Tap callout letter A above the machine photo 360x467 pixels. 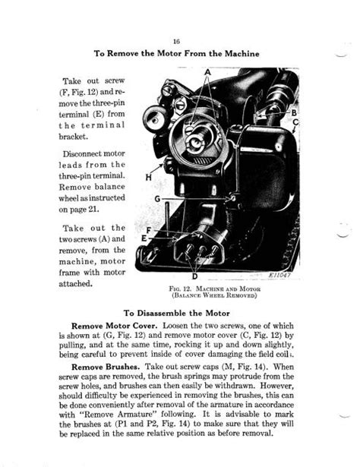[207, 71]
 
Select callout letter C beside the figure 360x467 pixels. [295, 122]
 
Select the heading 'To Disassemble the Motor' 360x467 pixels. [180, 311]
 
